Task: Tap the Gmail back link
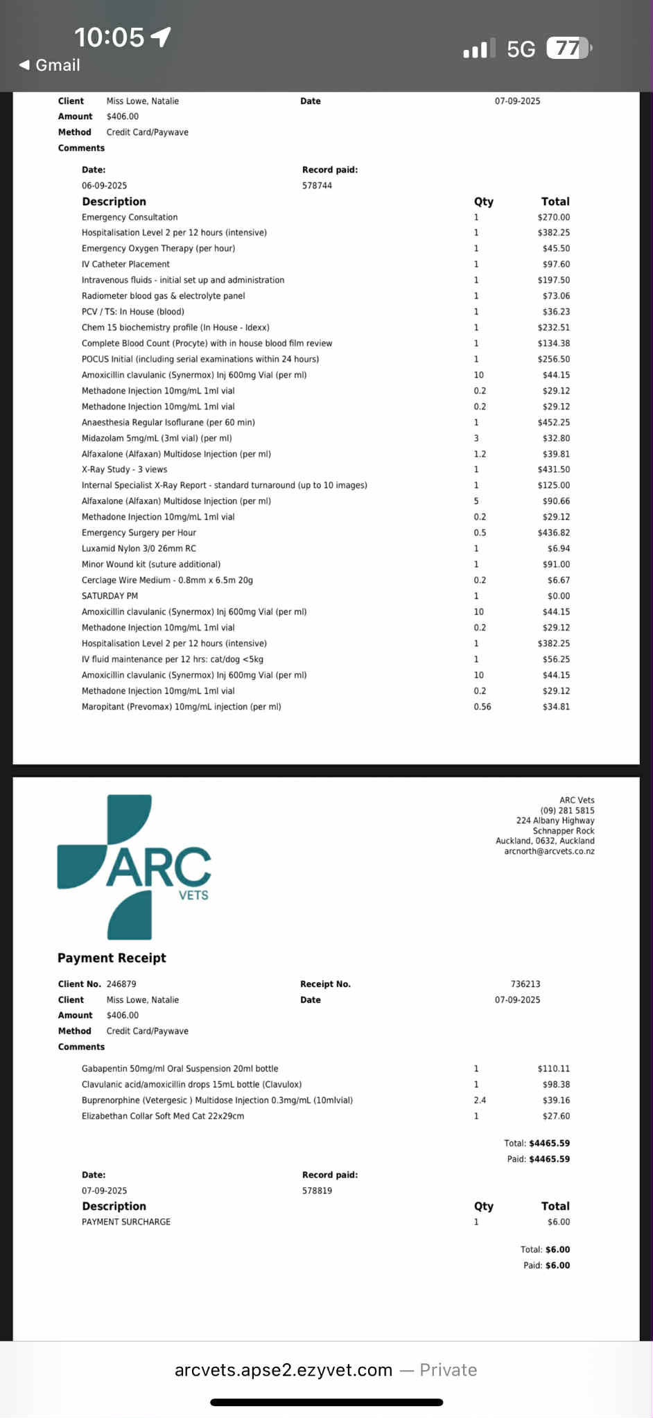point(50,65)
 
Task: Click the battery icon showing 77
point(568,49)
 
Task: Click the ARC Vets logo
point(134,867)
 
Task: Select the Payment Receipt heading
point(112,958)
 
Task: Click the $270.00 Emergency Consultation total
point(553,217)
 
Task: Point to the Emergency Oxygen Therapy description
point(158,248)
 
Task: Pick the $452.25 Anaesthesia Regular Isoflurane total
point(553,422)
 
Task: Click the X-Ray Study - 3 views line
point(124,469)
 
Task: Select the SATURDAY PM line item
point(110,596)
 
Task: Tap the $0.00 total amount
point(558,596)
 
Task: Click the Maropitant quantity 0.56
point(482,707)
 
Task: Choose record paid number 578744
point(317,186)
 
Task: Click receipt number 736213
point(525,984)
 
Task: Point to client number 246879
point(121,984)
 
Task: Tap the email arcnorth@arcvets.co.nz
point(549,851)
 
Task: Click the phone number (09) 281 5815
point(567,810)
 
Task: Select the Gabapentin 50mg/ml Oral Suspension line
point(180,1069)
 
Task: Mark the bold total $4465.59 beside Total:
point(549,1144)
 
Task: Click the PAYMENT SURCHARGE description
point(126,1222)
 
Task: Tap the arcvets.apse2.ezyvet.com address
point(284,1370)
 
